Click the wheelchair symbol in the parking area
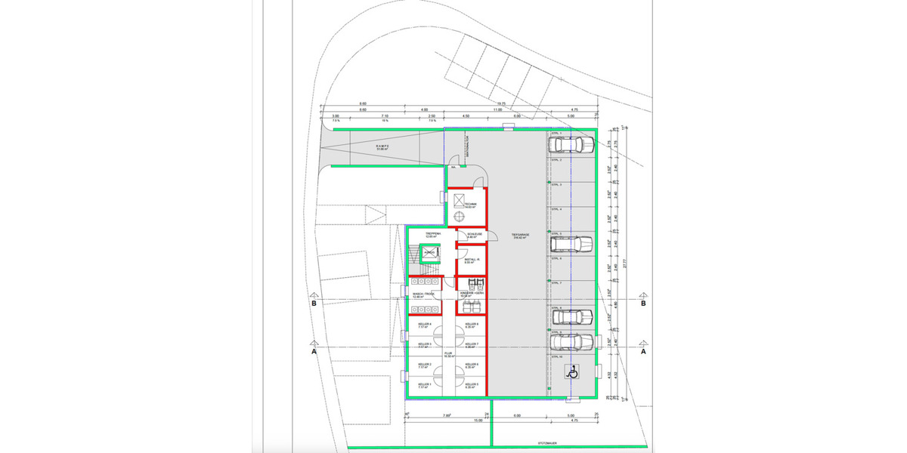click(573, 371)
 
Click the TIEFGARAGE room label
click(520, 236)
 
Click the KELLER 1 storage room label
click(424, 385)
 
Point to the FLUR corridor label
click(448, 353)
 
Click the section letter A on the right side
click(644, 352)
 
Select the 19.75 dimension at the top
click(501, 104)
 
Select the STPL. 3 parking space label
click(556, 184)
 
